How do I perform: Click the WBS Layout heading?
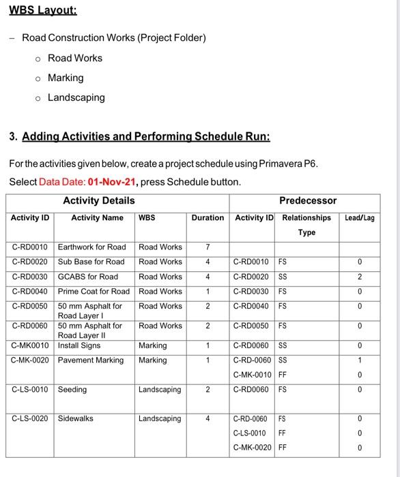[42, 11]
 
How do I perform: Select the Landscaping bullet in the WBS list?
[76, 97]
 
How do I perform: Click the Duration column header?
[208, 218]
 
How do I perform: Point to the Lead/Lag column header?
[360, 218]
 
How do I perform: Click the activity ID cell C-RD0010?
[30, 247]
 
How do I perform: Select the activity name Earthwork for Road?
[92, 247]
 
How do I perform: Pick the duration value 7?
[208, 247]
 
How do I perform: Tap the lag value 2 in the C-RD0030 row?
[360, 277]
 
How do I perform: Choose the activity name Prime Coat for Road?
[94, 292]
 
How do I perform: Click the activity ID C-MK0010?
[30, 345]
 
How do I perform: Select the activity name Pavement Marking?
[91, 360]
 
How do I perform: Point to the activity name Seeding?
[72, 390]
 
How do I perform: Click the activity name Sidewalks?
[76, 418]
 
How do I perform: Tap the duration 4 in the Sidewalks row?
[208, 418]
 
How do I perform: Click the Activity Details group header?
[99, 200]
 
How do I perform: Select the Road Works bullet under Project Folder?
[75, 58]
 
